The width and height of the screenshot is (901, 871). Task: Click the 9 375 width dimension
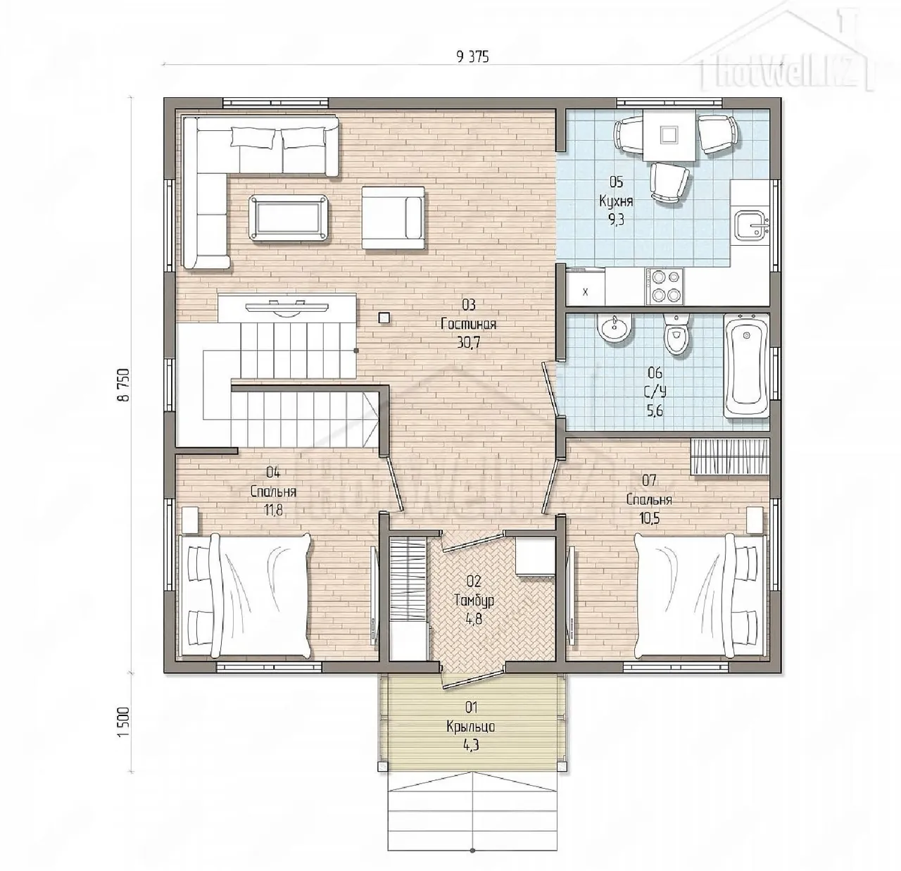pyautogui.click(x=472, y=57)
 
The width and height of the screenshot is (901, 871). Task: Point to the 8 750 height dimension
pyautogui.click(x=124, y=384)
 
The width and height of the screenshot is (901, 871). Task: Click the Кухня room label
pyautogui.click(x=616, y=201)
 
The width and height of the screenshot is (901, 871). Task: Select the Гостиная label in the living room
pyautogui.click(x=469, y=324)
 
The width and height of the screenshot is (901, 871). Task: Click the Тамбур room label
pyautogui.click(x=474, y=600)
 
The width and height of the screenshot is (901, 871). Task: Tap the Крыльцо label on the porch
pyautogui.click(x=471, y=727)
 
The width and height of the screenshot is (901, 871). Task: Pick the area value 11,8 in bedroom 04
pyautogui.click(x=273, y=510)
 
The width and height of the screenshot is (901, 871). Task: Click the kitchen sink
pyautogui.click(x=752, y=225)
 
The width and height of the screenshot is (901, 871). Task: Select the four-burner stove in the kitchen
pyautogui.click(x=664, y=286)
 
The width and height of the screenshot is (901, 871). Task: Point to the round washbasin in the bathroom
pyautogui.click(x=615, y=330)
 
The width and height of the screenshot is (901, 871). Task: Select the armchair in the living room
pyautogui.click(x=393, y=218)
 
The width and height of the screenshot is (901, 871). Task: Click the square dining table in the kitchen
pyautogui.click(x=669, y=135)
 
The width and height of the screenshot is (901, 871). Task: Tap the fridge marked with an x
pyautogui.click(x=585, y=287)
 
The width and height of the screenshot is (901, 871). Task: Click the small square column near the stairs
pyautogui.click(x=384, y=318)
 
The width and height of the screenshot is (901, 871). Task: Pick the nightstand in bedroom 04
pyautogui.click(x=189, y=520)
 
